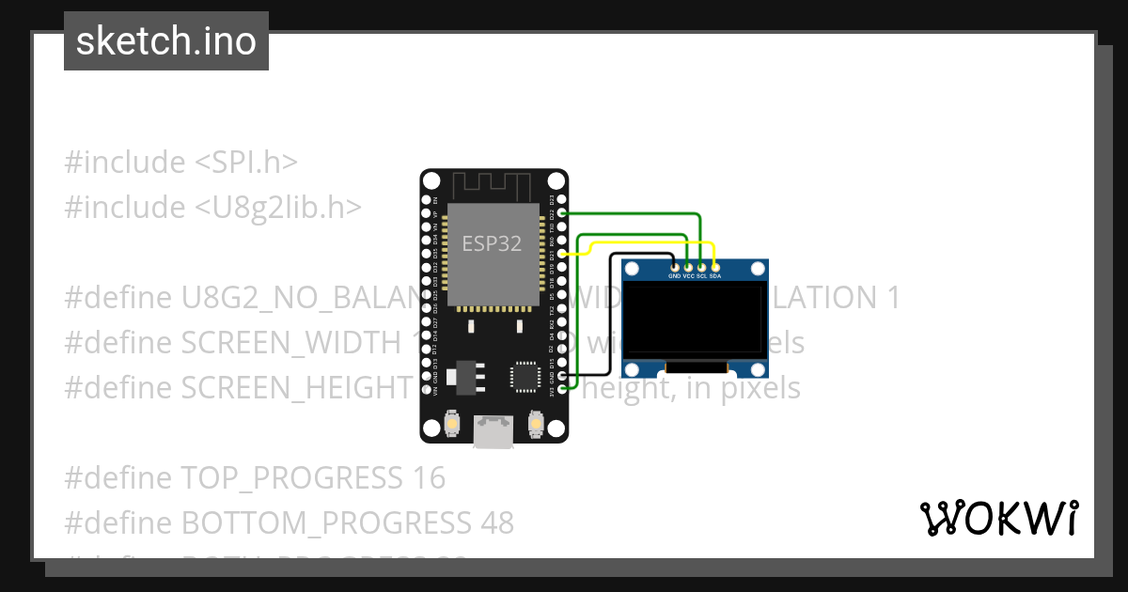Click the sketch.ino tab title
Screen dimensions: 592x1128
pyautogui.click(x=166, y=41)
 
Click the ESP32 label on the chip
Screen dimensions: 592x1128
pyautogui.click(x=492, y=244)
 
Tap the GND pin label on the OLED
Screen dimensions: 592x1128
pyautogui.click(x=674, y=276)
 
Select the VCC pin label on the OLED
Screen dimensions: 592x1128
pyautogui.click(x=688, y=276)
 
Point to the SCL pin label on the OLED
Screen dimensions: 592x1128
pyautogui.click(x=701, y=276)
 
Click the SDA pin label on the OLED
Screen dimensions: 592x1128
pyautogui.click(x=715, y=276)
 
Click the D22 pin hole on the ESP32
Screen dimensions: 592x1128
pyautogui.click(x=562, y=213)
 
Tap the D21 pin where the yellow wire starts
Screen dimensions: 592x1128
pyautogui.click(x=562, y=254)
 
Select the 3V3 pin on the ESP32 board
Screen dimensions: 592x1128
pyautogui.click(x=562, y=388)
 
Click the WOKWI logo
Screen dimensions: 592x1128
pyautogui.click(x=998, y=518)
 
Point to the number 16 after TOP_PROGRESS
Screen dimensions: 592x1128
pyautogui.click(x=428, y=478)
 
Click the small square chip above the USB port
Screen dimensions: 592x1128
pyautogui.click(x=524, y=376)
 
